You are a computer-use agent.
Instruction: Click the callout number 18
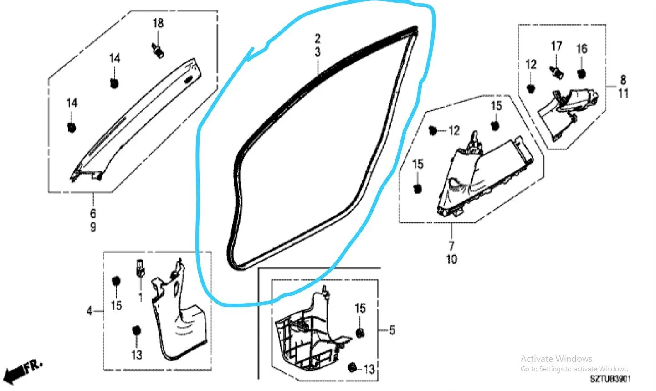pyautogui.click(x=158, y=23)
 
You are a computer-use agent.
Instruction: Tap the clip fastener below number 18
pyautogui.click(x=158, y=51)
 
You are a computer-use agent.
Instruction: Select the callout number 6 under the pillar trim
pyautogui.click(x=93, y=214)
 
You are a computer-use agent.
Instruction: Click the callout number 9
pyautogui.click(x=93, y=227)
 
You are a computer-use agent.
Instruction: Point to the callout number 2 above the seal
pyautogui.click(x=318, y=38)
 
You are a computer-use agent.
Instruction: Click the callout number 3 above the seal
pyautogui.click(x=318, y=52)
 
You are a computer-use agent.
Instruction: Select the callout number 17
pyautogui.click(x=556, y=46)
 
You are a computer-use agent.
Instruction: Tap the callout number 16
pyautogui.click(x=582, y=49)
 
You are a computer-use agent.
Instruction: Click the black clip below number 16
pyautogui.click(x=581, y=74)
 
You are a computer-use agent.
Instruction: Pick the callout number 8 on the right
pyautogui.click(x=623, y=80)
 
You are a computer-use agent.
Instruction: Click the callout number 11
pyautogui.click(x=623, y=93)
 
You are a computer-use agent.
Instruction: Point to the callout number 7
pyautogui.click(x=451, y=246)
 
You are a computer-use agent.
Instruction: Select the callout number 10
pyautogui.click(x=451, y=259)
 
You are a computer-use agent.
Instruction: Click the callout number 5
pyautogui.click(x=392, y=330)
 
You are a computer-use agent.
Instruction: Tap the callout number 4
pyautogui.click(x=89, y=311)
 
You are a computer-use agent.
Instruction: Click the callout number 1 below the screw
pyautogui.click(x=141, y=297)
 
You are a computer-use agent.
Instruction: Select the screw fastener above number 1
pyautogui.click(x=140, y=268)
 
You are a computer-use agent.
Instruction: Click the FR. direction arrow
pyautogui.click(x=22, y=371)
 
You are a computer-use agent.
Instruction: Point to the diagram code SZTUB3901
pyautogui.click(x=610, y=379)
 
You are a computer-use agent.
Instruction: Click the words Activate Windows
pyautogui.click(x=556, y=359)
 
